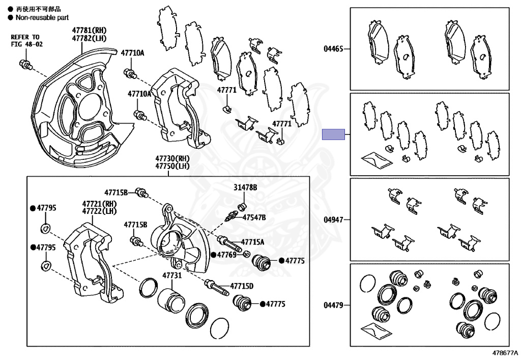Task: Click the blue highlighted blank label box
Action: pos(334,135)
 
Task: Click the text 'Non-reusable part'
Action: pos(39,17)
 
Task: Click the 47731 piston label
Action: pos(171,275)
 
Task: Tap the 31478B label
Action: pos(245,187)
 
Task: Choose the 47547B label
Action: pos(253,217)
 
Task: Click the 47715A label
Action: pos(252,242)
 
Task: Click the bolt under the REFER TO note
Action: pos(25,64)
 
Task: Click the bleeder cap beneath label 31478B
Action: pos(243,206)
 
